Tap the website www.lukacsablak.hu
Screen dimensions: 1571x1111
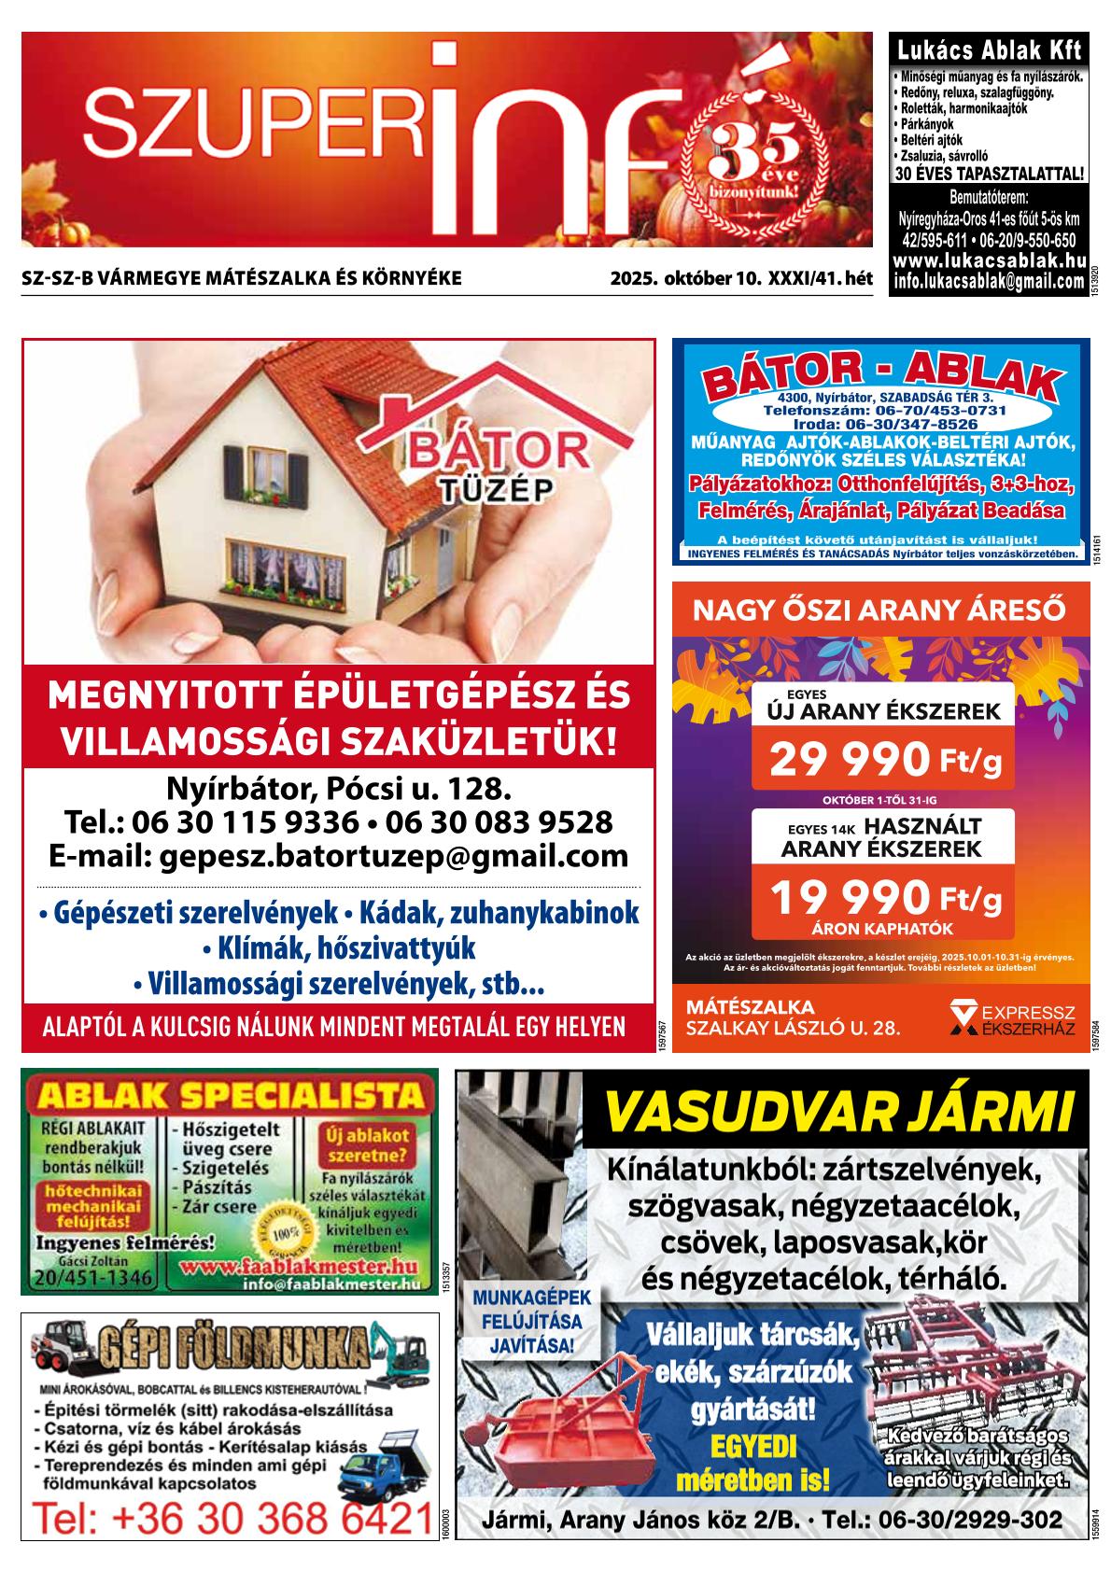click(989, 262)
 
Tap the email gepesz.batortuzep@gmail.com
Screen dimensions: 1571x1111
click(338, 855)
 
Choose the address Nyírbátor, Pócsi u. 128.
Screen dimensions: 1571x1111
click(338, 789)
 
